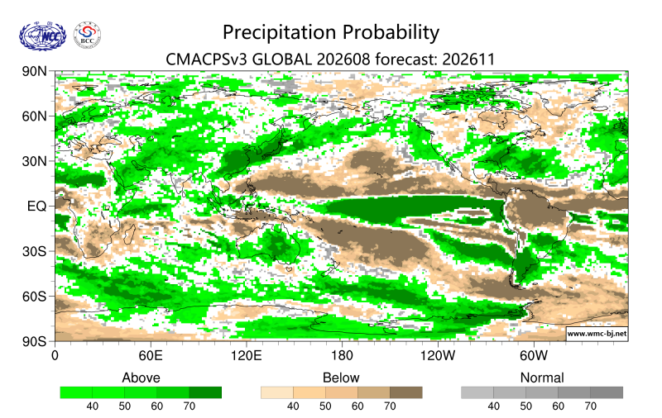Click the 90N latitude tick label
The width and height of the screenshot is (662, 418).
tap(34, 71)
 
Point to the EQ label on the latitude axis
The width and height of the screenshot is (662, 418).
tap(36, 206)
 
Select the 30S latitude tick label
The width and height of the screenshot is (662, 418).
tap(34, 251)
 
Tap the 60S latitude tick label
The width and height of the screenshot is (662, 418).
tap(34, 297)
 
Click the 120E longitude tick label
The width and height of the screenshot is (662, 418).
tap(246, 356)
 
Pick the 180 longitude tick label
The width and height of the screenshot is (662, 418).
tap(342, 356)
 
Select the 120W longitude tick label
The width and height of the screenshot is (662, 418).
tap(438, 356)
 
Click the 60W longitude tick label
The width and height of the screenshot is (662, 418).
tap(534, 356)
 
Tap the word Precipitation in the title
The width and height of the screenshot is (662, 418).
tap(281, 32)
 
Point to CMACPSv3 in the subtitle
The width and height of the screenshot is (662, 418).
tap(207, 59)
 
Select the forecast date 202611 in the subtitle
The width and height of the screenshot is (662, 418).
tap(468, 59)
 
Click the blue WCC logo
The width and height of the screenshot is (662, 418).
tap(43, 36)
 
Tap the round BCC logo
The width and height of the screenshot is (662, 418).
tap(88, 36)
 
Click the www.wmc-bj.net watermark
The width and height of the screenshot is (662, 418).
tap(597, 334)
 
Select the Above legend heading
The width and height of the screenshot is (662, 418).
tap(141, 378)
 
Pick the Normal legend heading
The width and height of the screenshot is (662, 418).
tap(542, 378)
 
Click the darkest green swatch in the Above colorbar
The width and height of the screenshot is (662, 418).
tap(205, 392)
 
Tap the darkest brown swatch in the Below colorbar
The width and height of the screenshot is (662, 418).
tap(405, 392)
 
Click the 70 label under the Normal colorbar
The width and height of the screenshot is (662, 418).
tap(590, 406)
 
